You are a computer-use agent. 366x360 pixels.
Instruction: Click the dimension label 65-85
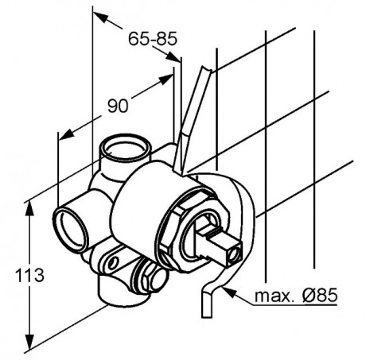point(153,39)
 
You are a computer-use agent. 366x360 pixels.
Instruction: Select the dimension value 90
point(118,106)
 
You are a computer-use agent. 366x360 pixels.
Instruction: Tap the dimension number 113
point(29,275)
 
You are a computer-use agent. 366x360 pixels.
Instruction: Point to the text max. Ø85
point(296,295)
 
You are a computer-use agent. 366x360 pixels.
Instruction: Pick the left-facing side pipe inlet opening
point(70,230)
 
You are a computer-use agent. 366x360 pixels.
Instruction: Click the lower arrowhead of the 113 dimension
point(29,340)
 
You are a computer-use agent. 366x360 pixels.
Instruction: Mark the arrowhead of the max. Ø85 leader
point(228,292)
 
